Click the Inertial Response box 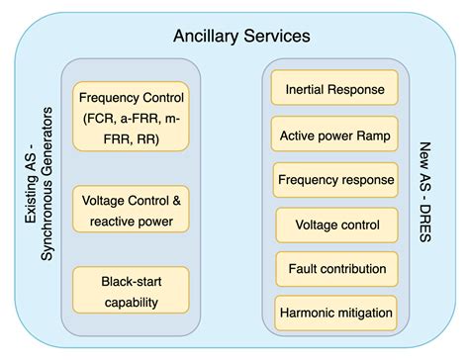pos(335,89)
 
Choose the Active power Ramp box pos(335,135)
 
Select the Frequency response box pos(335,180)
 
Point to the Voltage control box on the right pos(335,225)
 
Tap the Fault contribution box pos(335,269)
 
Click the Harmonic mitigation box pos(335,314)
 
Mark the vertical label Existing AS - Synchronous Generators pos(38,198)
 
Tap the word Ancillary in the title pos(203,36)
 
